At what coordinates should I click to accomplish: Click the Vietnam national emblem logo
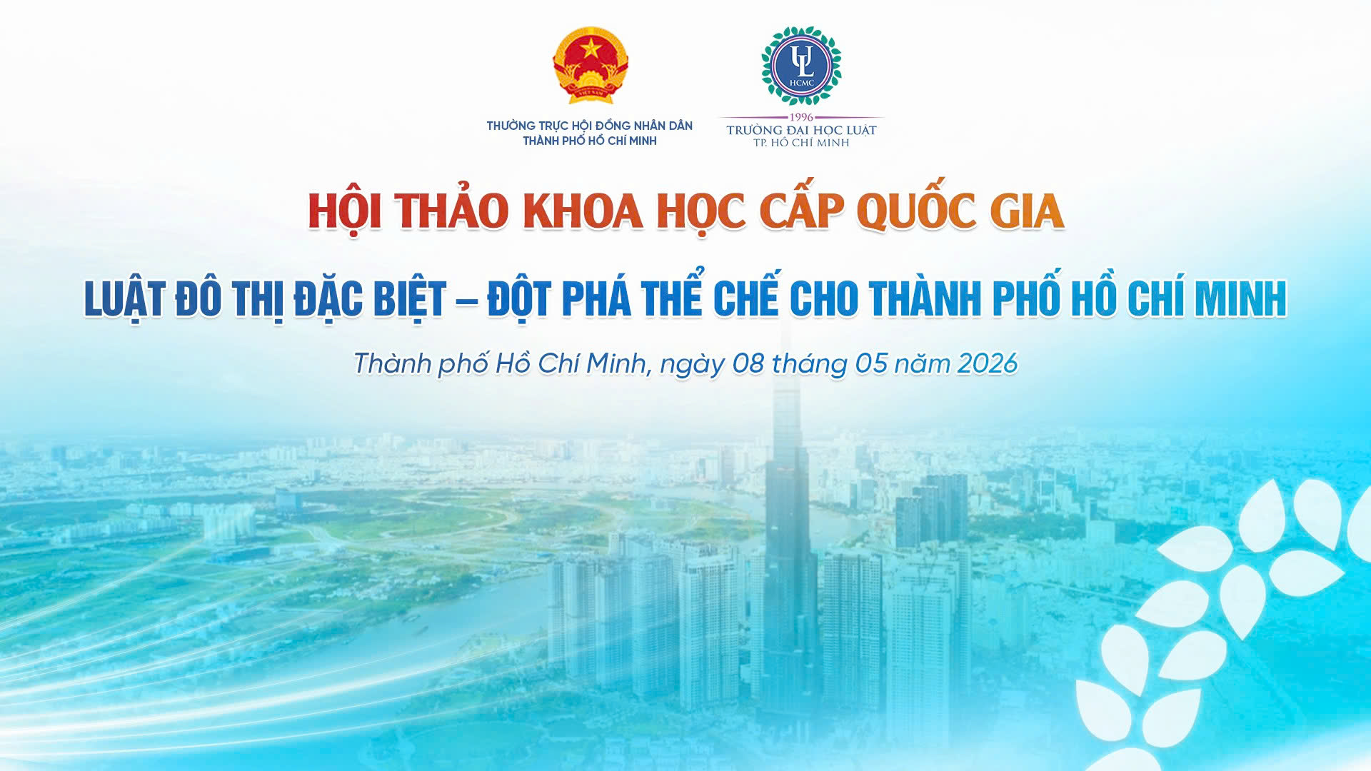[x=591, y=66]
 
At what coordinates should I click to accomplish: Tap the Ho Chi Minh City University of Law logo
[x=801, y=66]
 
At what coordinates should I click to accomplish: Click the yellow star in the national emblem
[x=591, y=48]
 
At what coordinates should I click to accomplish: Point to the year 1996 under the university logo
[x=801, y=117]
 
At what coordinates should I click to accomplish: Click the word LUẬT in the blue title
[x=124, y=298]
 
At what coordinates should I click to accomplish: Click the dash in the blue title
[x=466, y=301]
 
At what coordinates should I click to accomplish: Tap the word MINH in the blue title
[x=1240, y=298]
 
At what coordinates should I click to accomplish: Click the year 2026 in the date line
[x=987, y=363]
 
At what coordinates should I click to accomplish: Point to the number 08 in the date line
[x=748, y=363]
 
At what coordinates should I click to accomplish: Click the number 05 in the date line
[x=871, y=363]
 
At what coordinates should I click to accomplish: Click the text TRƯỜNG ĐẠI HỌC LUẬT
[x=801, y=130]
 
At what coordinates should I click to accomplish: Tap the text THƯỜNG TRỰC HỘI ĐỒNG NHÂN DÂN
[x=590, y=126]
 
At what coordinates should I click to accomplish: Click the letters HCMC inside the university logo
[x=802, y=83]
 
